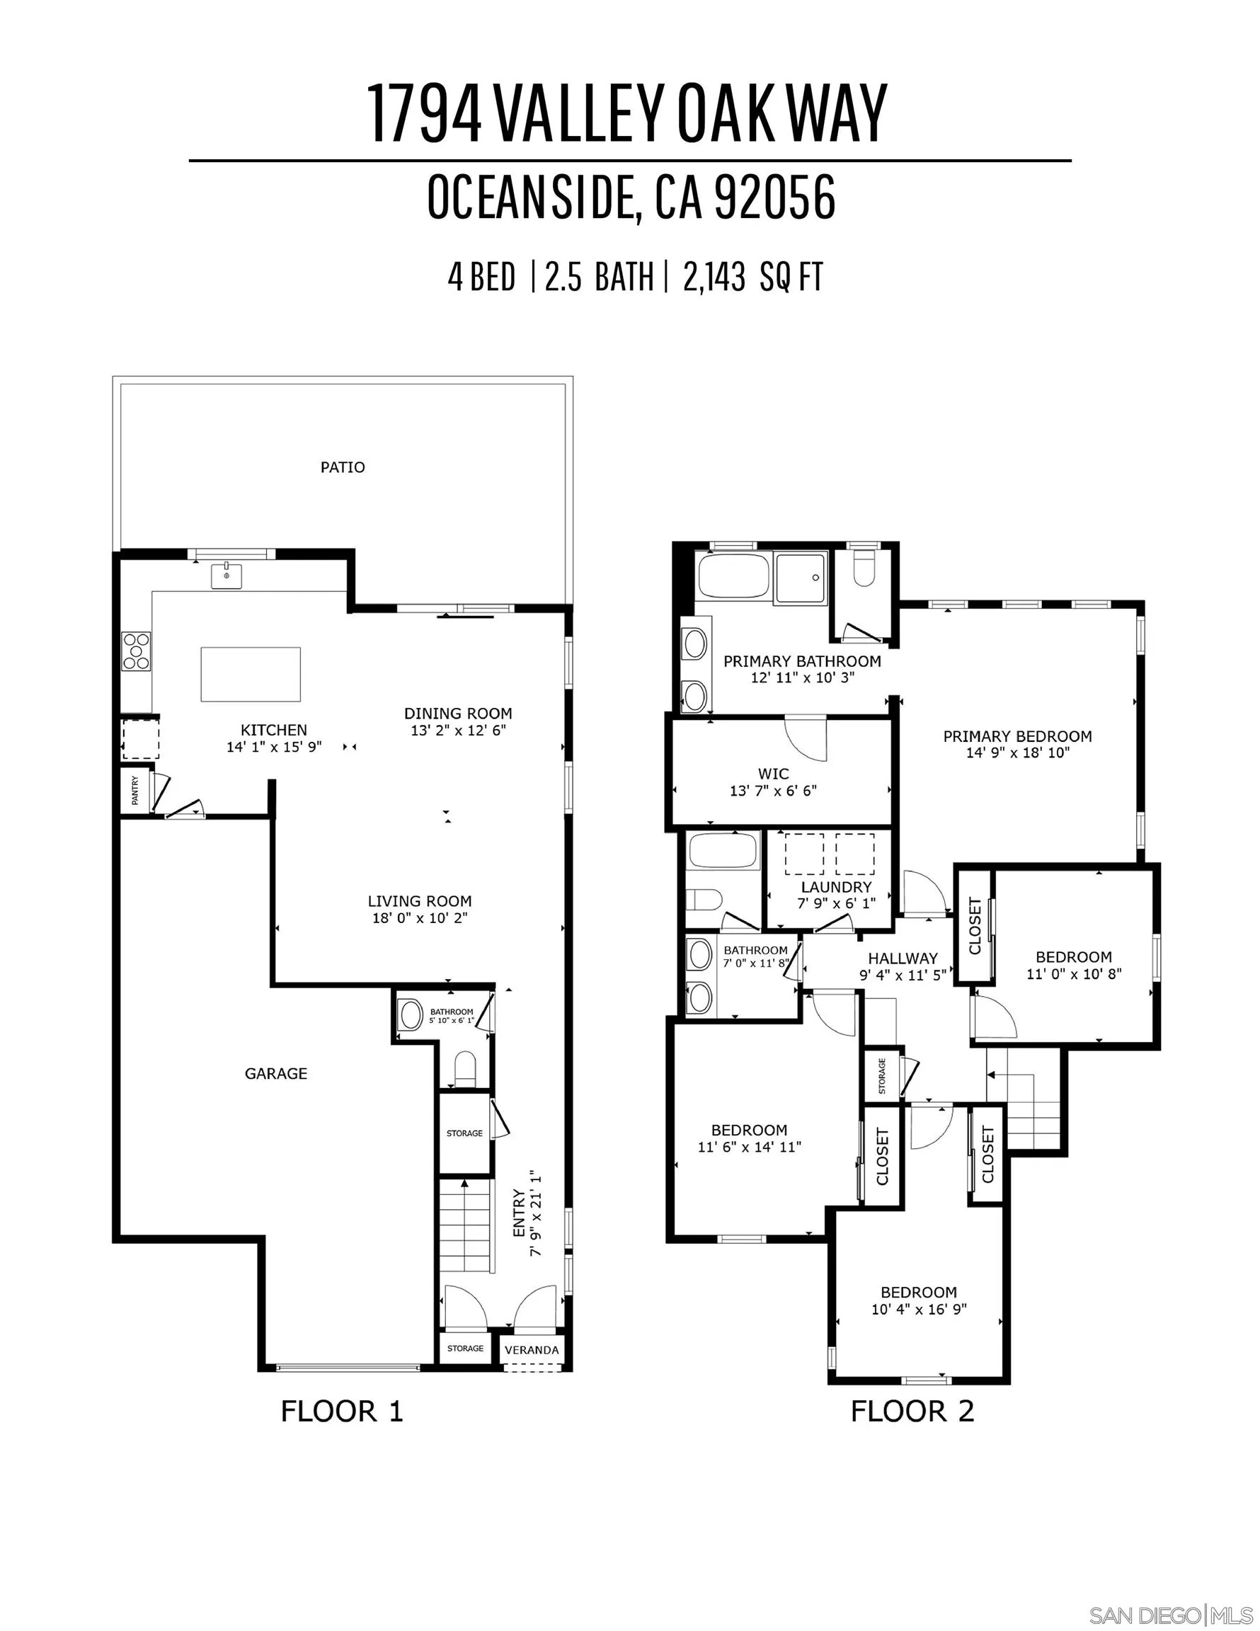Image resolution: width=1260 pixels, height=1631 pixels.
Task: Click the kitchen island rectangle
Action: tap(250, 675)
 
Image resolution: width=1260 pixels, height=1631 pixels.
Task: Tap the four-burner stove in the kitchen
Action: tap(136, 651)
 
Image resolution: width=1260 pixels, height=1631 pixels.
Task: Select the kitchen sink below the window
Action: tap(226, 576)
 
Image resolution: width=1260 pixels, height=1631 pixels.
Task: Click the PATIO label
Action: tap(343, 467)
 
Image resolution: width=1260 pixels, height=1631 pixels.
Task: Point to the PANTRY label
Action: tap(135, 790)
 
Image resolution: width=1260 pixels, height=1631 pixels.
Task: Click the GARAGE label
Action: tap(275, 1073)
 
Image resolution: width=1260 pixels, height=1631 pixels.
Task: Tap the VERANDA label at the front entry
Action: tap(532, 1349)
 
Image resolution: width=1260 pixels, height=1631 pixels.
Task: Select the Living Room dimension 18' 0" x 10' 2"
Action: tap(420, 918)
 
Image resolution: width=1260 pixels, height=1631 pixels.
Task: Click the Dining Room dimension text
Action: tap(458, 731)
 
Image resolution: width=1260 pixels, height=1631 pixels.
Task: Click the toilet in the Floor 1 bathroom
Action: tap(464, 1068)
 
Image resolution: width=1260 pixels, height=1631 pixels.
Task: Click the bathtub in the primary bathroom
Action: tap(732, 576)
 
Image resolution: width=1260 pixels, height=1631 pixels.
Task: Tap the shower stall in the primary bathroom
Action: tap(800, 577)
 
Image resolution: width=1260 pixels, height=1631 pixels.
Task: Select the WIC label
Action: tap(773, 774)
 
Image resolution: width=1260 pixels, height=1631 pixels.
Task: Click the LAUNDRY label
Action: tap(836, 887)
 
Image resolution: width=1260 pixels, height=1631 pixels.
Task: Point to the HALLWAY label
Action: tap(903, 958)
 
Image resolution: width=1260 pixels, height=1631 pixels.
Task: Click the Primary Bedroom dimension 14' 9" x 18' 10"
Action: tap(1017, 752)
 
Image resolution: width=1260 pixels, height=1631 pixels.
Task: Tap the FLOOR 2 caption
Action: tap(912, 1412)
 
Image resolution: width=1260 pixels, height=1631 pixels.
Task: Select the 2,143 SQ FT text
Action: tap(752, 277)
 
